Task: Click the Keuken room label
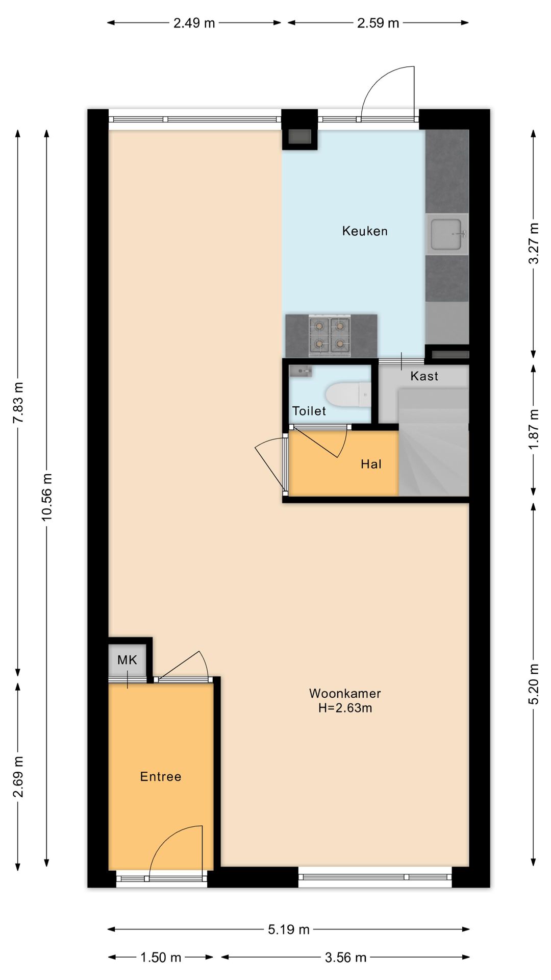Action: [365, 231]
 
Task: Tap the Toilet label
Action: [309, 411]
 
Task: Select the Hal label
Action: [371, 464]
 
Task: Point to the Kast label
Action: [424, 376]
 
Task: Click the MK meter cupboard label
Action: [127, 660]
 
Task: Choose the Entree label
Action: [161, 776]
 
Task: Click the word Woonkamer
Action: [345, 693]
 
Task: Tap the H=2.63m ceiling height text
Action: [345, 708]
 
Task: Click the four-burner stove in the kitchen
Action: [330, 335]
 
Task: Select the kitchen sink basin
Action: [447, 234]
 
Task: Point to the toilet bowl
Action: [348, 395]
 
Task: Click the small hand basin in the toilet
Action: [300, 371]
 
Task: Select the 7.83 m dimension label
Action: [19, 402]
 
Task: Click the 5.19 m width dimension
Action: [289, 929]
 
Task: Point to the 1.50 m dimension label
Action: [161, 957]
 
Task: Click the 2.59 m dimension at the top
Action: [378, 23]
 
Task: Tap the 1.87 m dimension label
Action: [533, 430]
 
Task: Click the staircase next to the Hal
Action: [433, 442]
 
